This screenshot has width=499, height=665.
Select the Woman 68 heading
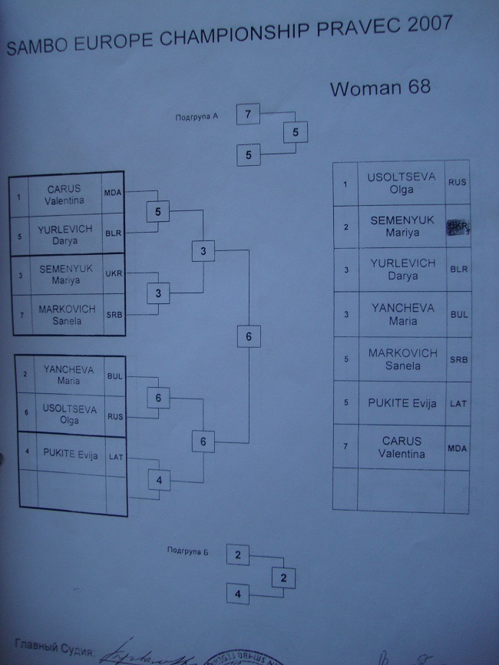[x=380, y=88]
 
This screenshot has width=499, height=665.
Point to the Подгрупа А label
[x=197, y=117]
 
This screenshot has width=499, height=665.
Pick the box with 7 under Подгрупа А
[x=248, y=115]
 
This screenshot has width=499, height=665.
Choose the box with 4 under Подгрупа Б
[x=238, y=594]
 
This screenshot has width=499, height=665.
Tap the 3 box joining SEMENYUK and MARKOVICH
[x=158, y=293]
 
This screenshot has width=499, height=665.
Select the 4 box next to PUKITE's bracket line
[x=160, y=480]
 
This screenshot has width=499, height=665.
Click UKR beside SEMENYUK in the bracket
[x=114, y=274]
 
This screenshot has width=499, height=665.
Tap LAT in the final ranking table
[x=458, y=403]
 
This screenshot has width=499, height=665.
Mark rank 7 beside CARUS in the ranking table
[x=345, y=448]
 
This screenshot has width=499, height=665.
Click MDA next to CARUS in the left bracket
[x=114, y=193]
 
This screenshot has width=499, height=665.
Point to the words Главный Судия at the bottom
[x=53, y=650]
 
